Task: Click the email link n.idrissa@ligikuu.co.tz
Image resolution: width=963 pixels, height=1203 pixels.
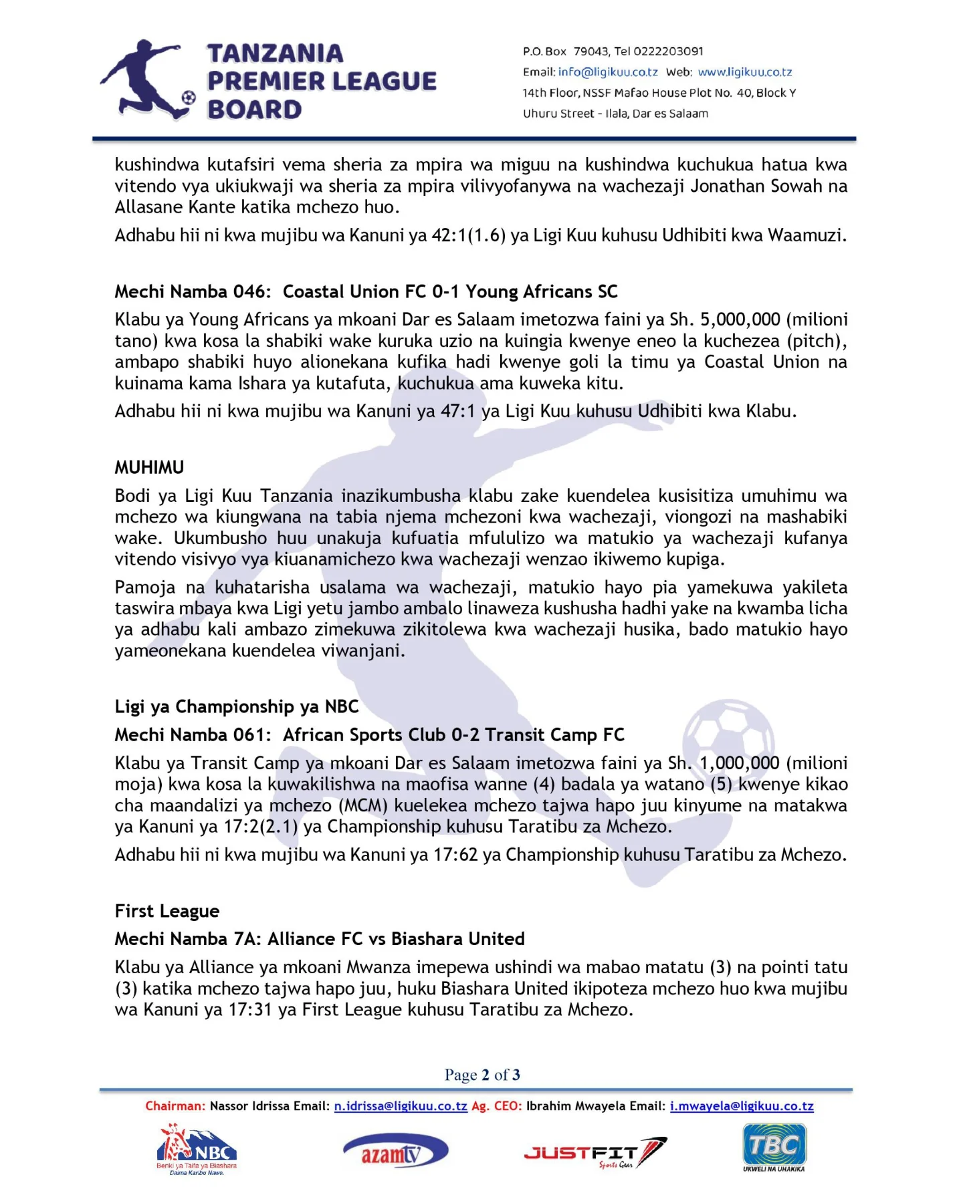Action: tap(401, 1106)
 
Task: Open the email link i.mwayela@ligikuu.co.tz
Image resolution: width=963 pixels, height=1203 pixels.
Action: tap(742, 1106)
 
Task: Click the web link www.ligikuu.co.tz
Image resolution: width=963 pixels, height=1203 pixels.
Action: tap(745, 72)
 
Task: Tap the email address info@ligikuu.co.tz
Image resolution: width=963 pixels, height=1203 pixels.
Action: tap(608, 72)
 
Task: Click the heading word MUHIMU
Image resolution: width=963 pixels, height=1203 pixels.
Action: tap(149, 467)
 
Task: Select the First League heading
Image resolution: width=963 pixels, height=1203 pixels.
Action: tap(167, 911)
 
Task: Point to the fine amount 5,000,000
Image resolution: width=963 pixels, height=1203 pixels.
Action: tap(740, 319)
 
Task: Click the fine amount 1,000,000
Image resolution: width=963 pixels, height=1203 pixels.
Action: tap(740, 763)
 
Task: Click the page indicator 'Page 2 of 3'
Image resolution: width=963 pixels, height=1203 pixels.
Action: tap(482, 1075)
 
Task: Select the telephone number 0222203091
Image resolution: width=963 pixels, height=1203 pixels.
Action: tap(668, 51)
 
